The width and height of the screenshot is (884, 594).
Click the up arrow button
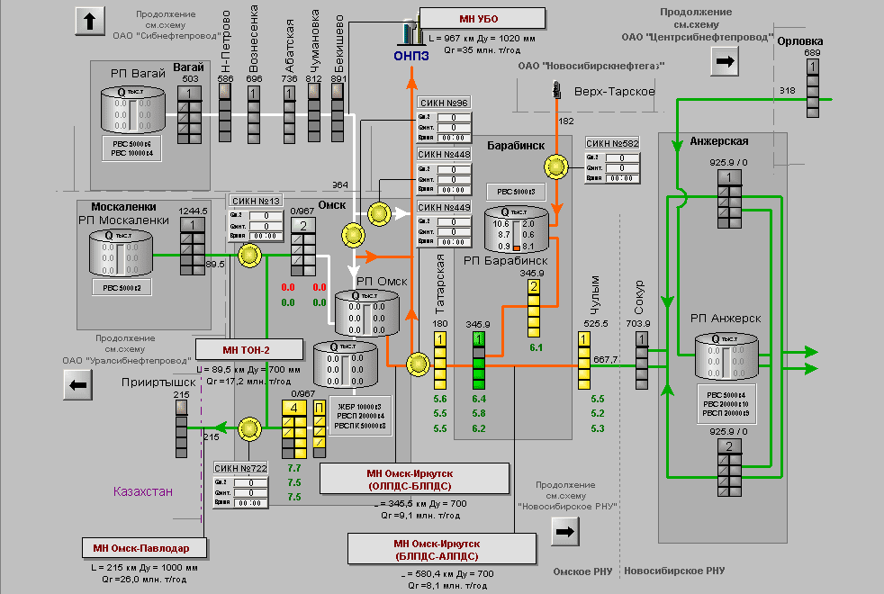point(90,21)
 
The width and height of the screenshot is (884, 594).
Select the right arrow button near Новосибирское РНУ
point(565,532)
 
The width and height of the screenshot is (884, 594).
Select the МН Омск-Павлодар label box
point(148,548)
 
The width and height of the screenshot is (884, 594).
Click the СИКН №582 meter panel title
point(612,144)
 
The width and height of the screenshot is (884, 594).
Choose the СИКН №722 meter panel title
point(240,468)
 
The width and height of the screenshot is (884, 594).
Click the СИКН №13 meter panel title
point(257,201)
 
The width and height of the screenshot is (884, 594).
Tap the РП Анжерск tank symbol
point(726,356)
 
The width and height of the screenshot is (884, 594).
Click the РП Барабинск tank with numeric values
point(515,230)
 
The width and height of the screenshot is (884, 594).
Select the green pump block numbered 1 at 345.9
point(479,339)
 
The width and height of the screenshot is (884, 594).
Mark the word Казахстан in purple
point(143,492)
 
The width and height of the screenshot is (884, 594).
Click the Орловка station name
point(799,41)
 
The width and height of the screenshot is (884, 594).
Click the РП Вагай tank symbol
point(134,112)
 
